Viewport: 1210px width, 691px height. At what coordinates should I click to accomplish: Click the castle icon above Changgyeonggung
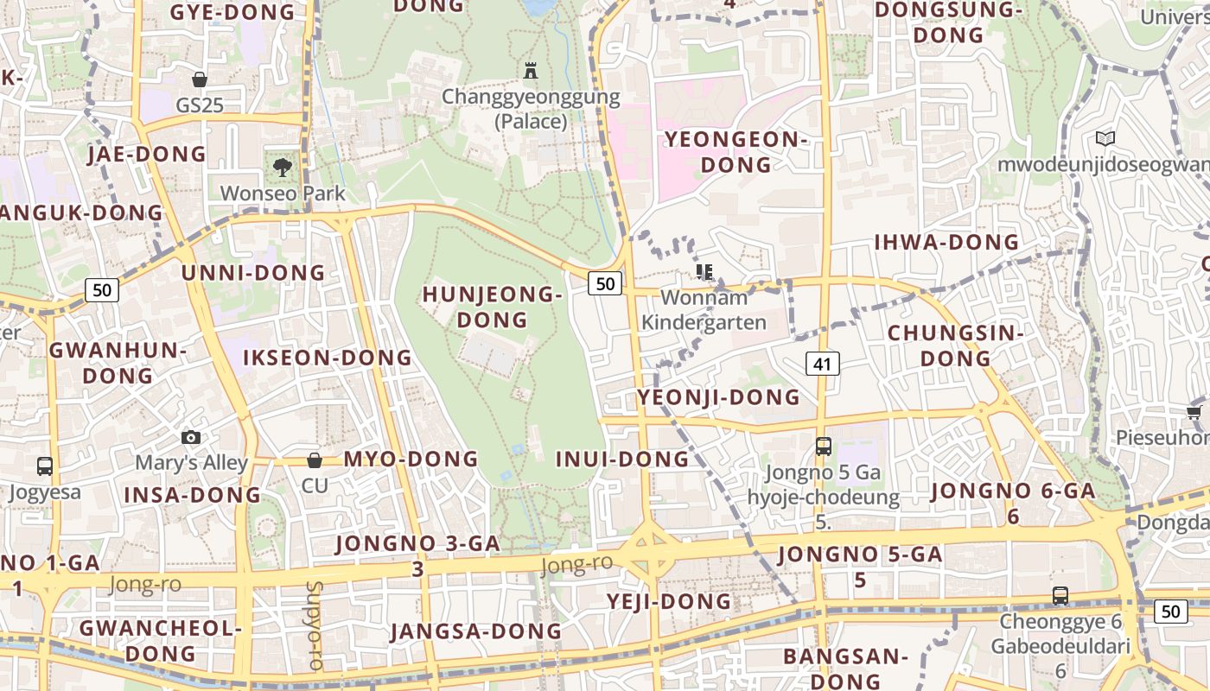pos(531,70)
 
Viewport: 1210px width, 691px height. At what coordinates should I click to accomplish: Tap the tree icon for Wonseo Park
pos(282,168)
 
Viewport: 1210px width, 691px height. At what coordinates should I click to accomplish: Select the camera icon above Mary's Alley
pos(191,438)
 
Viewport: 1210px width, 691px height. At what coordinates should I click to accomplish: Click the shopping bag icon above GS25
pos(200,79)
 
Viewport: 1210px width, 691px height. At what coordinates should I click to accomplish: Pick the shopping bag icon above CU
pos(315,460)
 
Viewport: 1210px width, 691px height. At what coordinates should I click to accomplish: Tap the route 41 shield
pos(822,364)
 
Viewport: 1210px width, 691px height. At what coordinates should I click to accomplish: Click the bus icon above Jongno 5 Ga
pos(824,447)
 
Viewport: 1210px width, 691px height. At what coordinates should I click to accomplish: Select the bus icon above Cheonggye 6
pos(1060,595)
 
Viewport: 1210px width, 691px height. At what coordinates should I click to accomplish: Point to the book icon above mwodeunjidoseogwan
pos(1105,138)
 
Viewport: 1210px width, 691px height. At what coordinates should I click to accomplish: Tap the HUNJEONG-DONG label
pos(492,307)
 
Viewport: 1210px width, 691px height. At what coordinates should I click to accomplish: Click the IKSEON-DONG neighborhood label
pos(328,358)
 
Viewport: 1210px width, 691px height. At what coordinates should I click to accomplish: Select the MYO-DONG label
pos(411,459)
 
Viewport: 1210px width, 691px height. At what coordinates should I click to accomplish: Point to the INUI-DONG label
pos(622,459)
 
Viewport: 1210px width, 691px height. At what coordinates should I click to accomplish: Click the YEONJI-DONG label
pos(719,397)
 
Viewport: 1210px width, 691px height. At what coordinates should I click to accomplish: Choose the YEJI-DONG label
pos(669,601)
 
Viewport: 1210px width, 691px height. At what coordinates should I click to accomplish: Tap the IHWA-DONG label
pos(947,243)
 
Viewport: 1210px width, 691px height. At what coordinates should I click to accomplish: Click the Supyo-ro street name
pos(314,626)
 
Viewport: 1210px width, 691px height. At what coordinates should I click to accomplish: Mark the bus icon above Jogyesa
pos(45,466)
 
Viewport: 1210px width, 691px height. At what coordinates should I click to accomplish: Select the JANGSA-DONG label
pos(476,631)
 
